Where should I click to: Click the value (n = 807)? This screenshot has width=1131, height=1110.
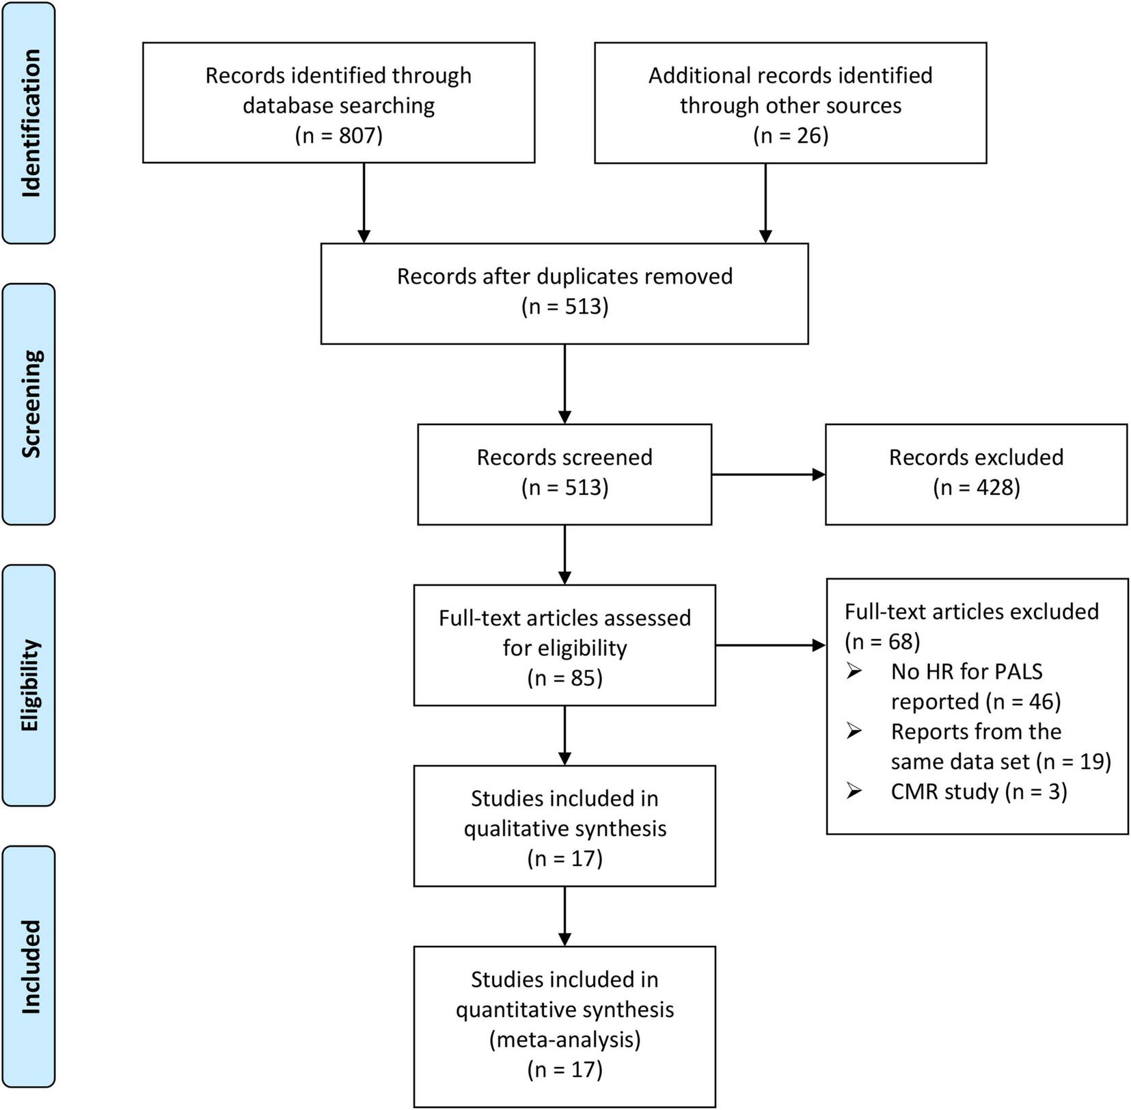[338, 135]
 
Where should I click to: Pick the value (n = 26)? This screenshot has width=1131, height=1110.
[790, 135]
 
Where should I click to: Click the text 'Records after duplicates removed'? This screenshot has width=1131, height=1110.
[564, 276]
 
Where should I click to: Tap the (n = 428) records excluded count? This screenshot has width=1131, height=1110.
[976, 487]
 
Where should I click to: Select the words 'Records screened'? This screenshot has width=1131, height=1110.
[564, 457]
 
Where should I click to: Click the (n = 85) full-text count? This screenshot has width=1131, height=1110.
[564, 678]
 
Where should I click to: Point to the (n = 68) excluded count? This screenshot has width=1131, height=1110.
[882, 641]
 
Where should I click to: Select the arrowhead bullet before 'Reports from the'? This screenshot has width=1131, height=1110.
[854, 731]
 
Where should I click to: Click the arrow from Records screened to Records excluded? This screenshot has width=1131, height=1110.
[768, 474]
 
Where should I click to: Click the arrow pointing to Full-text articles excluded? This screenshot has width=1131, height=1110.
[770, 645]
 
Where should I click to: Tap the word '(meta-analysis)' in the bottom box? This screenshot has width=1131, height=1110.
[564, 1040]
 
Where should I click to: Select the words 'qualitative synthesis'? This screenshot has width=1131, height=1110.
[564, 828]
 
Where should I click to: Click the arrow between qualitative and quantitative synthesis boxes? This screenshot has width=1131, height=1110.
[564, 916]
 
